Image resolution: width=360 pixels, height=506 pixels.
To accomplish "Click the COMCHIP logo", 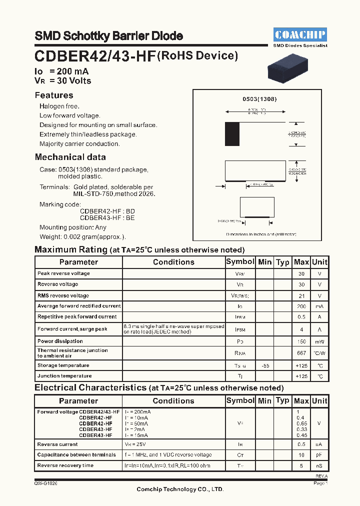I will [x=300, y=34].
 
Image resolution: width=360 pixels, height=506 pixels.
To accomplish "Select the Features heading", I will [x=54, y=95].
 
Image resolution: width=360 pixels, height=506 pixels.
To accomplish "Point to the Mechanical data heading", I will [x=70, y=157].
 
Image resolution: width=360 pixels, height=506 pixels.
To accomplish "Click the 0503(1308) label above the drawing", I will [x=259, y=99].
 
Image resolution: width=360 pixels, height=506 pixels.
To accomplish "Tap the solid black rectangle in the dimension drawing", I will [x=232, y=133].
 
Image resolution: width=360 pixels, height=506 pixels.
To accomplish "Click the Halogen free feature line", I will [x=59, y=106].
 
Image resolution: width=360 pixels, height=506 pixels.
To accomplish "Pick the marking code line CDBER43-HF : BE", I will [x=107, y=217].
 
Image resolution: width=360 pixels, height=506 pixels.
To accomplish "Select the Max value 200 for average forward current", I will [x=301, y=306].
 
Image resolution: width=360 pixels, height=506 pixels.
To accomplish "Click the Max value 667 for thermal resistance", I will [x=301, y=353].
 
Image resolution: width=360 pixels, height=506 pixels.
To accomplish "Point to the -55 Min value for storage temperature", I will [x=265, y=365].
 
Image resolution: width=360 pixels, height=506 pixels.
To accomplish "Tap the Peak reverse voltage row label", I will [x=63, y=273].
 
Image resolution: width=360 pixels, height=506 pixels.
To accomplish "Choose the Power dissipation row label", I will [x=59, y=341].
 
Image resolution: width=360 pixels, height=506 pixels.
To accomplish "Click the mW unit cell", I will [x=319, y=342].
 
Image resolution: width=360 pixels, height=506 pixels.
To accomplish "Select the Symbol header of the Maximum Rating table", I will [x=240, y=262].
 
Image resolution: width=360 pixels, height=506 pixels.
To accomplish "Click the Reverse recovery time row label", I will [x=65, y=465].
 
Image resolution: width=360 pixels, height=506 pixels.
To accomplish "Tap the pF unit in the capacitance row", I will [x=319, y=455].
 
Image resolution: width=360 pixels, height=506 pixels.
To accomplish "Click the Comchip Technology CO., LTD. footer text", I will [x=180, y=489].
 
